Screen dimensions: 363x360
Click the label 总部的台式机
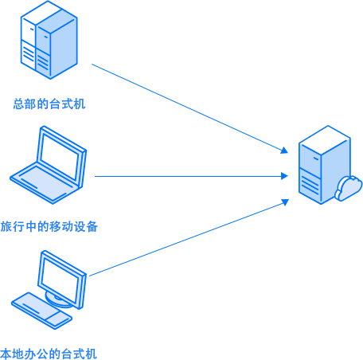49,104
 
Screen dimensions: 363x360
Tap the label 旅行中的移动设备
49,226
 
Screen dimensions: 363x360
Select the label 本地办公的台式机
49,354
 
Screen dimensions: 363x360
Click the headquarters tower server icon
49,40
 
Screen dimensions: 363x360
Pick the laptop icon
49,165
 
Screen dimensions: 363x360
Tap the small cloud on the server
349,188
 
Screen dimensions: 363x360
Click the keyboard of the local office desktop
41,311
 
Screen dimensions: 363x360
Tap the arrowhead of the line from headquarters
285,151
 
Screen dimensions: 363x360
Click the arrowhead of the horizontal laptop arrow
284,176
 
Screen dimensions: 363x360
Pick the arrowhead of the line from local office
285,202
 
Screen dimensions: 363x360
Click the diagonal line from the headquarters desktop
189,108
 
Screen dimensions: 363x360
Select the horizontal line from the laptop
191,176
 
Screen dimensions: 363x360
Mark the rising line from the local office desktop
189,238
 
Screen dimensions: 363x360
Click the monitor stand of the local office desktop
57,299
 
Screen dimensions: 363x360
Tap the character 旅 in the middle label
6,226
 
